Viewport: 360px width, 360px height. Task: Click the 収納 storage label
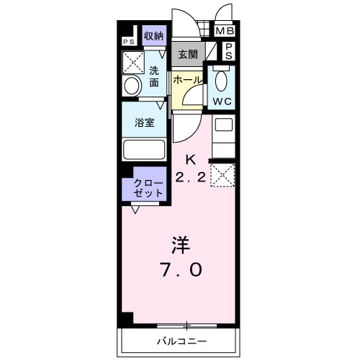click(153, 36)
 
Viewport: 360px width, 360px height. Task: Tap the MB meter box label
click(225, 32)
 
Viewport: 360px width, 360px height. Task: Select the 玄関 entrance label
click(188, 54)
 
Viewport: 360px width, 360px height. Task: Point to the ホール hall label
click(186, 80)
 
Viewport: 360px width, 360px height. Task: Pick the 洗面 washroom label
click(154, 76)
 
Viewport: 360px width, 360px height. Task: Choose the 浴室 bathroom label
click(145, 122)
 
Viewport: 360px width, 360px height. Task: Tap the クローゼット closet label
click(148, 189)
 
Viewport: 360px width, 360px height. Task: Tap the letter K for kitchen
click(191, 159)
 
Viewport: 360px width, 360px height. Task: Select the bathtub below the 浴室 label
click(143, 150)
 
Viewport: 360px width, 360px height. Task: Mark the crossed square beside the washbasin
click(134, 63)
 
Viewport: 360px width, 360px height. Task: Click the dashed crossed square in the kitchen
click(222, 174)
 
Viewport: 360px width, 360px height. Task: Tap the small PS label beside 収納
click(128, 42)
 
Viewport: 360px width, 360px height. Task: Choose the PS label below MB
click(228, 51)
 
